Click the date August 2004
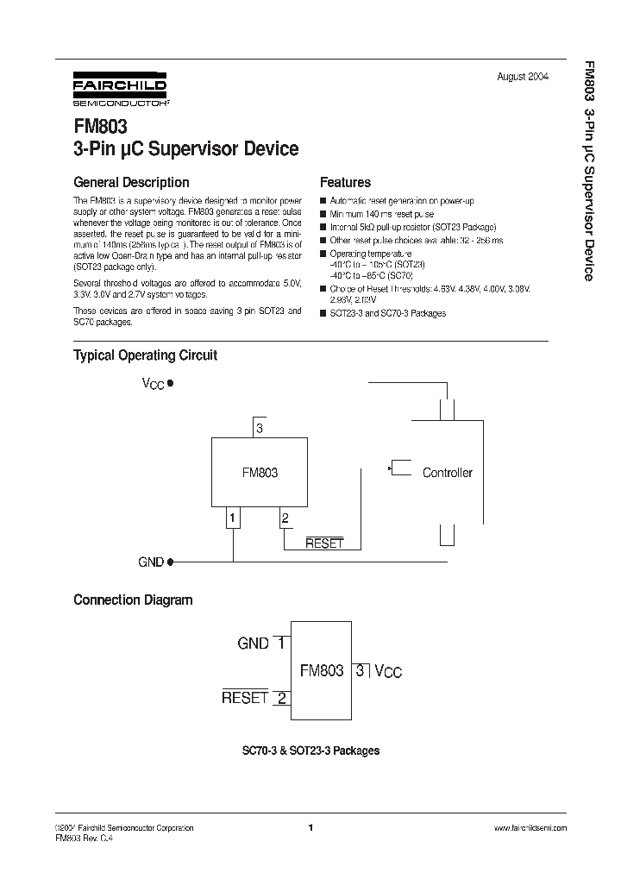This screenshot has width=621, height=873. [x=523, y=77]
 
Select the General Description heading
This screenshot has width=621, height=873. [x=131, y=182]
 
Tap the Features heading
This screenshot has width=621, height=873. [x=345, y=182]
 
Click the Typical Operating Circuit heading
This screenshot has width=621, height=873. [x=145, y=355]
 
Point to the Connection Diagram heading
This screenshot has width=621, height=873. [x=133, y=600]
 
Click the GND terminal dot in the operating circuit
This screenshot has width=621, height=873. [x=170, y=562]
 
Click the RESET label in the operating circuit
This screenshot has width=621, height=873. [x=324, y=543]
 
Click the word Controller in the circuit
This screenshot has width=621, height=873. [x=447, y=473]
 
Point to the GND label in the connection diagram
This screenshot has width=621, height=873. [x=254, y=643]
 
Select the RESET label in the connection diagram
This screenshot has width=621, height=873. [x=245, y=698]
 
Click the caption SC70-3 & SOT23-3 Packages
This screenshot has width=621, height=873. [x=310, y=751]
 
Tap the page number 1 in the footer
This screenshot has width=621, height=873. [x=310, y=827]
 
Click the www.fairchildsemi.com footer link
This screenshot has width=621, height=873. [x=530, y=827]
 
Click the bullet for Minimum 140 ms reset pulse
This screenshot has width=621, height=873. [x=323, y=214]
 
